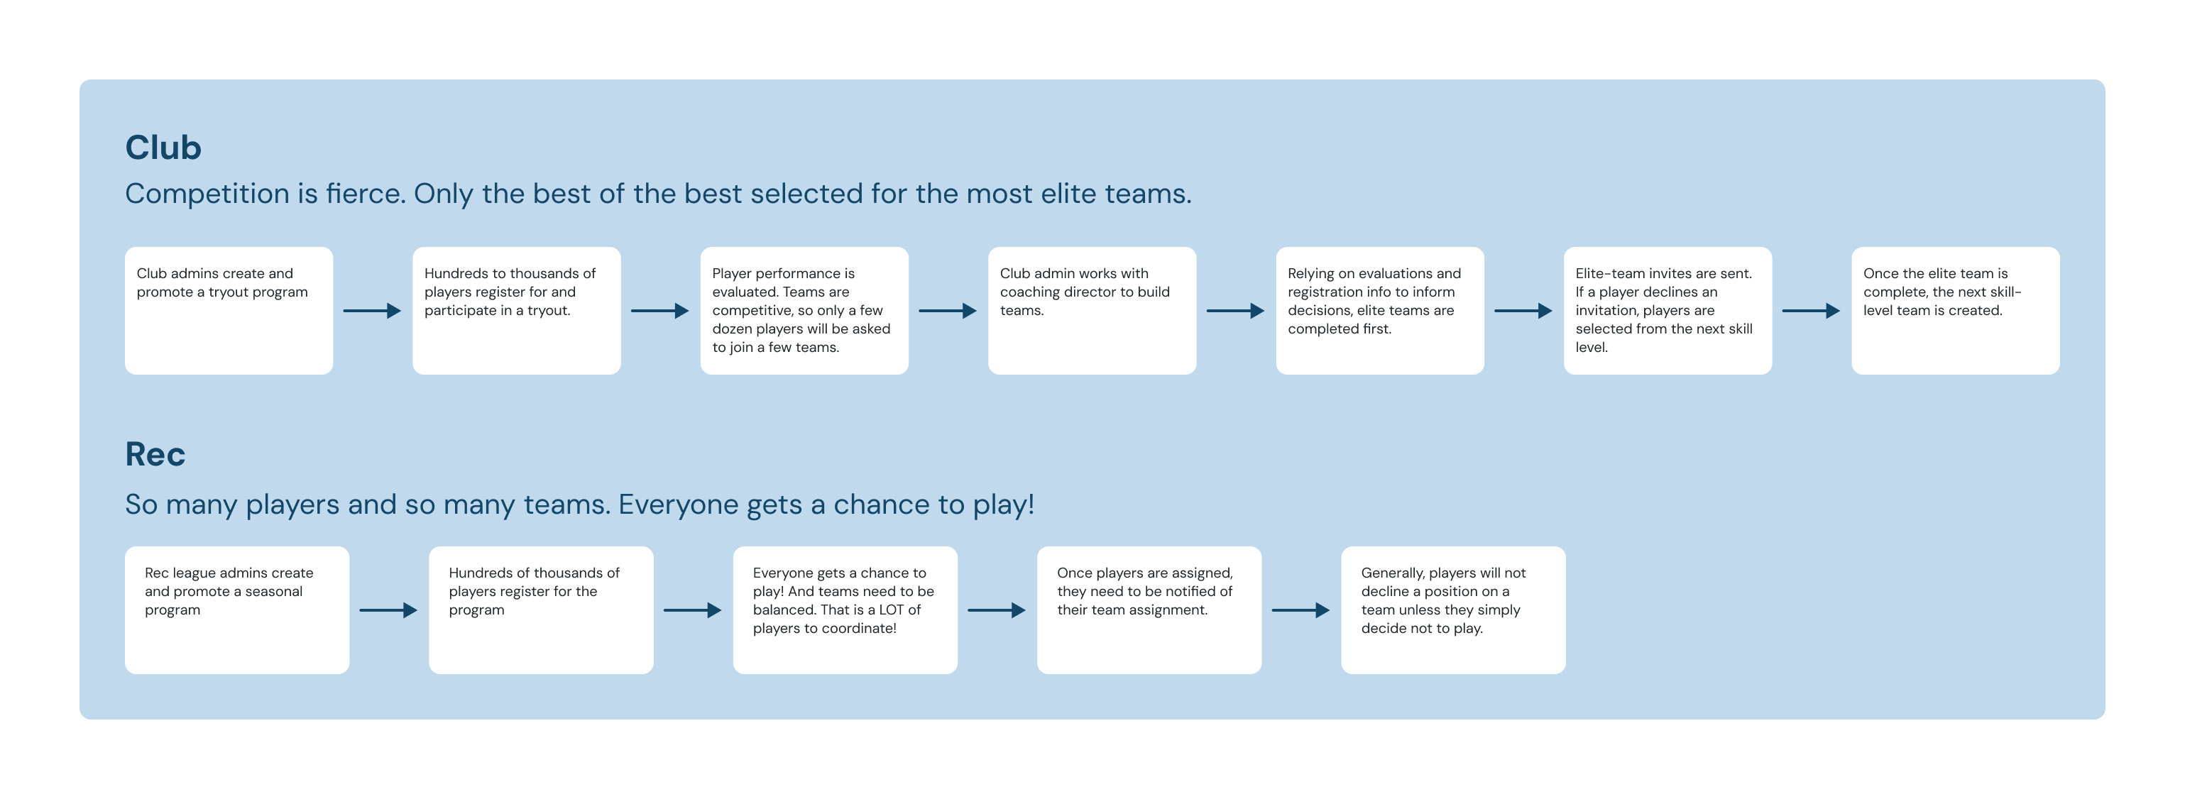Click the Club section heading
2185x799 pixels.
coord(163,148)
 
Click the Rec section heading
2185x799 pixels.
coord(155,455)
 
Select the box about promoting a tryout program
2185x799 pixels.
coord(228,310)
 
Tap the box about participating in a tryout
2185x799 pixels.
coord(515,310)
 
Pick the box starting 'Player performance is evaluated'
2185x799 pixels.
coord(804,310)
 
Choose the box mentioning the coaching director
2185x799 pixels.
coord(1091,310)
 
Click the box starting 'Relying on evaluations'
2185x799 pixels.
coord(1379,310)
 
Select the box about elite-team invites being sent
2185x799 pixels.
coord(1667,310)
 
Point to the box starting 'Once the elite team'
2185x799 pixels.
coord(1954,310)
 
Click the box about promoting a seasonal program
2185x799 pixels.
coord(236,610)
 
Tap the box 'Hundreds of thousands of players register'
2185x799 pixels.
coord(540,610)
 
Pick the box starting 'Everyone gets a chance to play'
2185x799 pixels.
coord(845,610)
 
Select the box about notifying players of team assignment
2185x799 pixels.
coord(1149,610)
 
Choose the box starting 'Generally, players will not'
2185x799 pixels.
coord(1452,610)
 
